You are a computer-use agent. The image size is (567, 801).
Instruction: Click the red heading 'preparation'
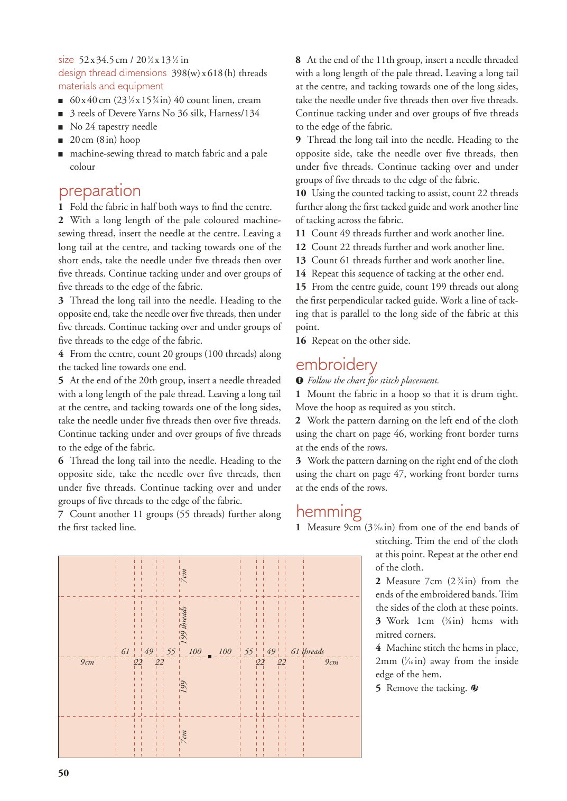pyautogui.click(x=99, y=191)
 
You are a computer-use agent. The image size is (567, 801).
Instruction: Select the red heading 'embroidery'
pyautogui.click(x=336, y=364)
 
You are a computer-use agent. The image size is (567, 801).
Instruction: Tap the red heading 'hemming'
pyautogui.click(x=329, y=511)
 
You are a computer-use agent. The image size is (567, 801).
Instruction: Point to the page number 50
pyautogui.click(x=63, y=773)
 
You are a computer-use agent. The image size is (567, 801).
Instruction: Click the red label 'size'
pyautogui.click(x=66, y=60)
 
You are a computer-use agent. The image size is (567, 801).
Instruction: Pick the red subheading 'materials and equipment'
pyautogui.click(x=111, y=86)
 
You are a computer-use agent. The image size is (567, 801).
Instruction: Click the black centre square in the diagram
pyautogui.click(x=210, y=657)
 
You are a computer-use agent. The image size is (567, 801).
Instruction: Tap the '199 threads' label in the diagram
pyautogui.click(x=183, y=625)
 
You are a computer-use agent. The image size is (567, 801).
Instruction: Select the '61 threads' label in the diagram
pyautogui.click(x=307, y=651)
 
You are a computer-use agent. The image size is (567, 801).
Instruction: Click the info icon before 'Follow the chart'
pyautogui.click(x=300, y=381)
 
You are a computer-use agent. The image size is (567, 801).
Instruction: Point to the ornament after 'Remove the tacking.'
pyautogui.click(x=475, y=688)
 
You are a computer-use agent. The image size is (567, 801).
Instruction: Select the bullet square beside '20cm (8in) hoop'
pyautogui.click(x=61, y=141)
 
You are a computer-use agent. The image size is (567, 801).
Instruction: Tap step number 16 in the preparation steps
pyautogui.click(x=301, y=340)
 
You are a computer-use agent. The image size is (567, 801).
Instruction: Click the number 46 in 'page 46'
pyautogui.click(x=399, y=434)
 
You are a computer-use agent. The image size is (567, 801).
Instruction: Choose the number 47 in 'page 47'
pyautogui.click(x=399, y=474)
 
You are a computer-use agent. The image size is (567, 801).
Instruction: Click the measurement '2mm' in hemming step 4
pyautogui.click(x=386, y=661)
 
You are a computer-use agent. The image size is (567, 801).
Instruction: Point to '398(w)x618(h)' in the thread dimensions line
pyautogui.click(x=203, y=73)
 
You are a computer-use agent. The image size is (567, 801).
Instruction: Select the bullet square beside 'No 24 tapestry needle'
pyautogui.click(x=61, y=127)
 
